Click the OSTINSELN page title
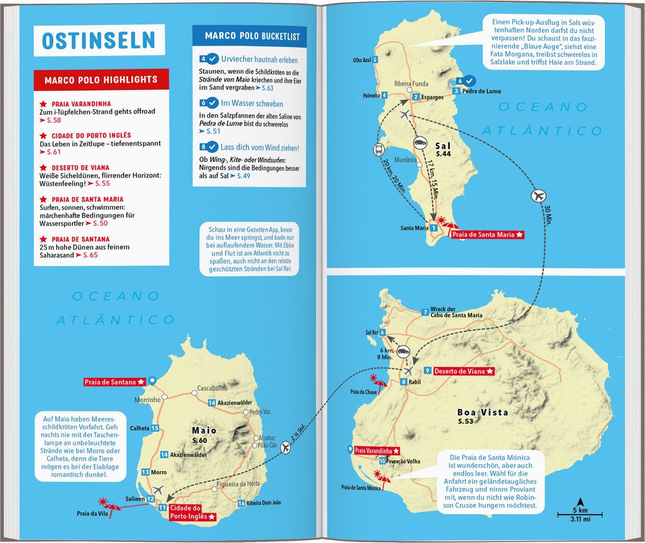(98, 40)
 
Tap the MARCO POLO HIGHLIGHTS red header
(101, 80)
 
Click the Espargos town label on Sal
(432, 97)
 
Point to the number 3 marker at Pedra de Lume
(456, 91)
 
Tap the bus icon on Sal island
(378, 150)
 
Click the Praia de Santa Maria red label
(487, 234)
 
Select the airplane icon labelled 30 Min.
(538, 197)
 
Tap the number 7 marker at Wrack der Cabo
(425, 312)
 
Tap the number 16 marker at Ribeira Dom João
(241, 503)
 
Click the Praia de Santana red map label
(114, 382)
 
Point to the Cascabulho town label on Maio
(212, 388)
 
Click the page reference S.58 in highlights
(54, 120)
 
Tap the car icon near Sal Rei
(403, 352)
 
